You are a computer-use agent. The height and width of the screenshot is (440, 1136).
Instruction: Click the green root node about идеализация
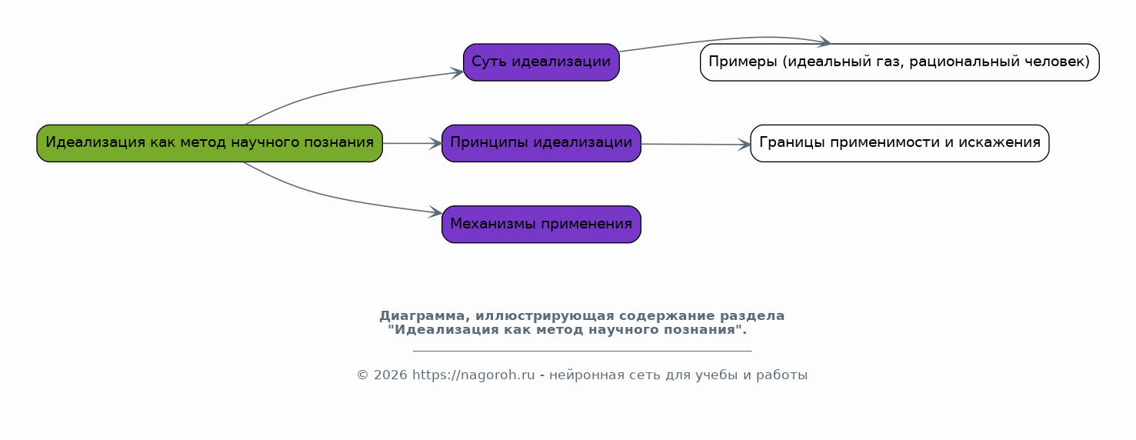coord(209,144)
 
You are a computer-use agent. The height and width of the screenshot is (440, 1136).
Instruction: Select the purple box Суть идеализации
coord(541,62)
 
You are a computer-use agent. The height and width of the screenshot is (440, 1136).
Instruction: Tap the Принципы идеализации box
coord(541,144)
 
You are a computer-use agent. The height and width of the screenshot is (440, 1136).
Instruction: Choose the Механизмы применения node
coord(541,225)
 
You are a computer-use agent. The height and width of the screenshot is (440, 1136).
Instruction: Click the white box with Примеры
coord(900,62)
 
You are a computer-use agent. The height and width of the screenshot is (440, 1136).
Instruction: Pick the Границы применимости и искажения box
coord(900,144)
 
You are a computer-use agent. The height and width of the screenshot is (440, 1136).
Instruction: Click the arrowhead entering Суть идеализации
coord(457,73)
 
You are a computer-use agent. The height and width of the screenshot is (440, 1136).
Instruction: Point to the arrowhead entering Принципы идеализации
coord(435,144)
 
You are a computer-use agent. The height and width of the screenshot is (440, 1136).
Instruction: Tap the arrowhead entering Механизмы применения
coord(435,213)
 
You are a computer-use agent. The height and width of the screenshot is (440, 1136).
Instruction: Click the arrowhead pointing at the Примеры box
coord(824,42)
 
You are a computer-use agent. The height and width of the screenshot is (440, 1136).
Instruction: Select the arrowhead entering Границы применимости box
coord(744,145)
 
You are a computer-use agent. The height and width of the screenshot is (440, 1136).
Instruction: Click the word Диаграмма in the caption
coord(421,316)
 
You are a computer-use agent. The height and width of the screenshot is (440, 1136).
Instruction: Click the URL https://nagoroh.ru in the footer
coord(473,375)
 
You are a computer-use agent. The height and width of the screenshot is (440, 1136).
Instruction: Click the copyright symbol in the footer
coord(362,375)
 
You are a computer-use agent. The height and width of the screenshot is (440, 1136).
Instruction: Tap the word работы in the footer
coord(781,375)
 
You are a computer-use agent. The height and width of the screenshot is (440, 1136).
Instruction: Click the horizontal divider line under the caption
coord(582,351)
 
